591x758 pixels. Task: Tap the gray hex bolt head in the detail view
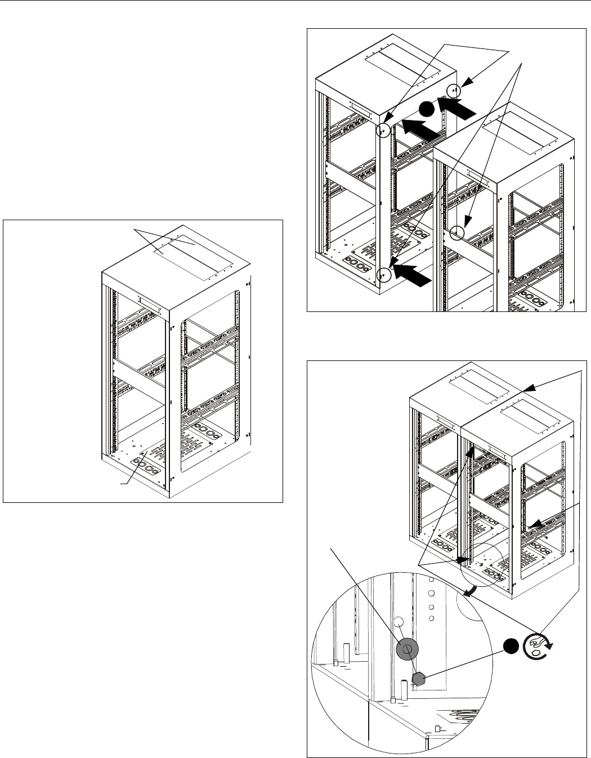(x=419, y=680)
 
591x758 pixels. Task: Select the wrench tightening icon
(x=537, y=646)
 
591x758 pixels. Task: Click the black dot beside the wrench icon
(x=511, y=646)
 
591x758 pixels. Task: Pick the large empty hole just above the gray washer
(x=399, y=622)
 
